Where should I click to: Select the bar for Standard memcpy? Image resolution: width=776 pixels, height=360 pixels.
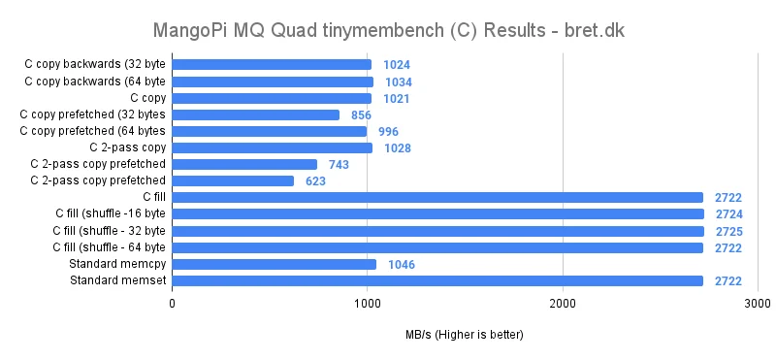(275, 264)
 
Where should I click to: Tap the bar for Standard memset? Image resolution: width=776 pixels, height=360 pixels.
(437, 281)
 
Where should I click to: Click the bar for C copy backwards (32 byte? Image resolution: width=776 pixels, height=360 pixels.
(272, 65)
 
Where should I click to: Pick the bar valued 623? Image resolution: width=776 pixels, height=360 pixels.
(233, 181)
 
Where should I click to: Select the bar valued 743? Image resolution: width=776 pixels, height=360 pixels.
(244, 165)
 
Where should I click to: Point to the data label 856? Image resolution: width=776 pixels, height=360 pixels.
(361, 115)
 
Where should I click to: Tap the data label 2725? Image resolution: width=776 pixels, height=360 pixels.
(728, 231)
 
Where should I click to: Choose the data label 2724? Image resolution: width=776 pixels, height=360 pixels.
(728, 214)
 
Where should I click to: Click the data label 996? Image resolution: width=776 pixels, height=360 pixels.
(388, 132)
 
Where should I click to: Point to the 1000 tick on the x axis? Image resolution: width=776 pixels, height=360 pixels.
(367, 304)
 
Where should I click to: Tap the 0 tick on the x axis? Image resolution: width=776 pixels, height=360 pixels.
(172, 304)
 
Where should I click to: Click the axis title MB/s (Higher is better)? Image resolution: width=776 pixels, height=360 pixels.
(465, 336)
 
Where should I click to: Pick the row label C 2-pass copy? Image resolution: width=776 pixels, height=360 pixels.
(127, 148)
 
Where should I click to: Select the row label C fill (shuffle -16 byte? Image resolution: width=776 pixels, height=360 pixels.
(110, 214)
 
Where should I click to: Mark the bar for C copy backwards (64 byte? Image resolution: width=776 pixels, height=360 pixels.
(273, 82)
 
